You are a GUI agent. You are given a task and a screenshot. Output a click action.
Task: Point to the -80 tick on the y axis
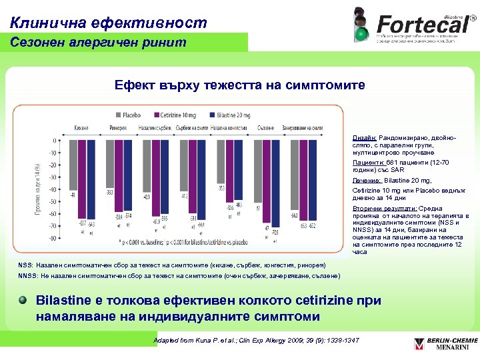(49, 238)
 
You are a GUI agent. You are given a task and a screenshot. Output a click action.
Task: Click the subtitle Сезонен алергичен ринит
(94, 43)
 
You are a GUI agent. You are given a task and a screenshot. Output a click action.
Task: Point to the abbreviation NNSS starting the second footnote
(27, 276)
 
